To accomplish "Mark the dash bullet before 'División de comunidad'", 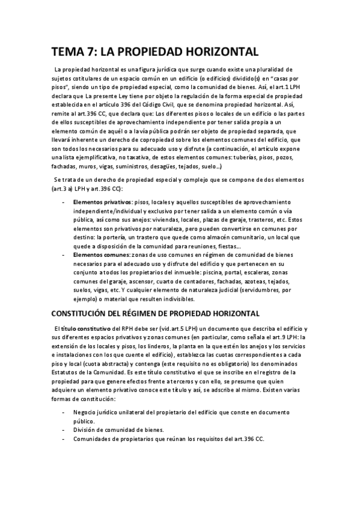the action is pyautogui.click(x=64, y=430).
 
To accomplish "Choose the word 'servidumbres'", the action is pyautogui.click(x=252, y=289).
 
